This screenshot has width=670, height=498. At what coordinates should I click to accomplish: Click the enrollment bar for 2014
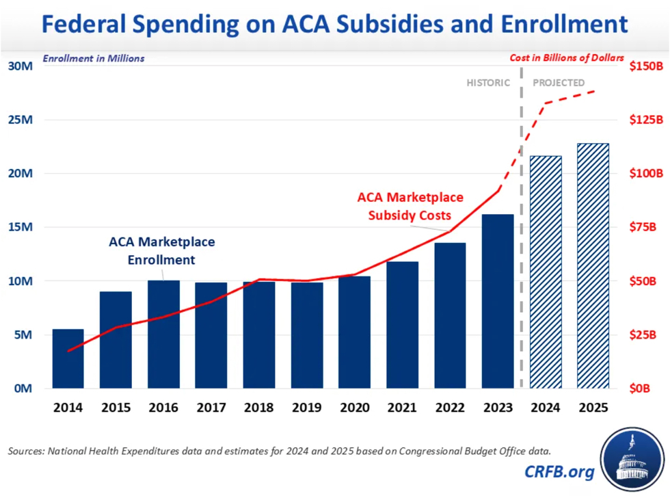click(68, 358)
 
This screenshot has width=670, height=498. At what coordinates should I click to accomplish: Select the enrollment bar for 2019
click(306, 335)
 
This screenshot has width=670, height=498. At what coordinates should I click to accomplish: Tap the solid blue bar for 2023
click(497, 301)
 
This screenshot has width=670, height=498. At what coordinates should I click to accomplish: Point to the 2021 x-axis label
click(402, 408)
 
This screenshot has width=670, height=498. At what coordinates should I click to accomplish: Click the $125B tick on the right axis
click(646, 120)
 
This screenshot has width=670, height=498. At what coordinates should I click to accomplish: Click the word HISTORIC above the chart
click(488, 83)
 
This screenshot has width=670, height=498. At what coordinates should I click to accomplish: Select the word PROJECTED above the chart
click(559, 83)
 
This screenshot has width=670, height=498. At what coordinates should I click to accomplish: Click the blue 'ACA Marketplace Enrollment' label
click(161, 251)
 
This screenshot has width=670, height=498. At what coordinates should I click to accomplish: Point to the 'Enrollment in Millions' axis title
click(94, 58)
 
